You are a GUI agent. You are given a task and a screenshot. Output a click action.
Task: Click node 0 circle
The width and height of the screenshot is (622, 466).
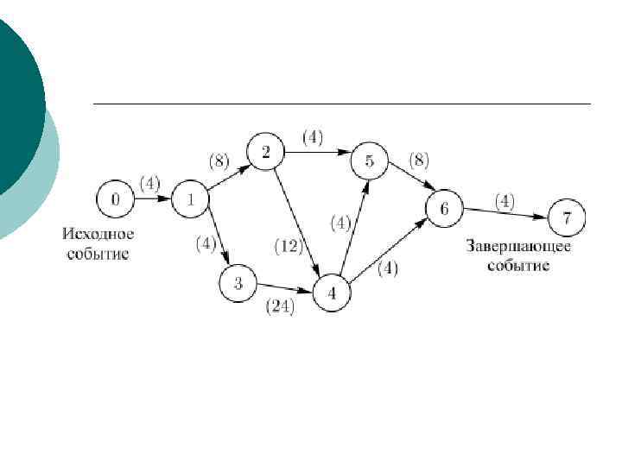[116, 200]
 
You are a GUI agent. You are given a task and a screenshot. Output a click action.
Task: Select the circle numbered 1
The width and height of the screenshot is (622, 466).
[191, 200]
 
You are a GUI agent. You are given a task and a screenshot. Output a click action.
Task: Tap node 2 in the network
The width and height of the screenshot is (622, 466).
[266, 153]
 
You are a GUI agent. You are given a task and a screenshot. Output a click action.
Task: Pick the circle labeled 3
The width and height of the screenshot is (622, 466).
[238, 282]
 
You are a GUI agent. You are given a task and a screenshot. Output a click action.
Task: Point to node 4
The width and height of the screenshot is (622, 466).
[333, 293]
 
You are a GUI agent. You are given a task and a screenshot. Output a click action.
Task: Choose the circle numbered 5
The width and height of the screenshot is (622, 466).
[370, 161]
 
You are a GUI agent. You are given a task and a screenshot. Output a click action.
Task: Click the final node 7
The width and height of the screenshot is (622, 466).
[565, 217]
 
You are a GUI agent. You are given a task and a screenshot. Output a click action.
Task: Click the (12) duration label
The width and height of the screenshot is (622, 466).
[288, 247]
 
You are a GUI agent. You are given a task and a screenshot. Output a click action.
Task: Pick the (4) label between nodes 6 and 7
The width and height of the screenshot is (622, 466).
[505, 201]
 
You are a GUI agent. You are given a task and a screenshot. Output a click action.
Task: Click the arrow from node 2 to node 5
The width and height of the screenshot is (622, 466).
[317, 153]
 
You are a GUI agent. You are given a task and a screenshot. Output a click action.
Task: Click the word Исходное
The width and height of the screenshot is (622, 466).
[98, 236]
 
